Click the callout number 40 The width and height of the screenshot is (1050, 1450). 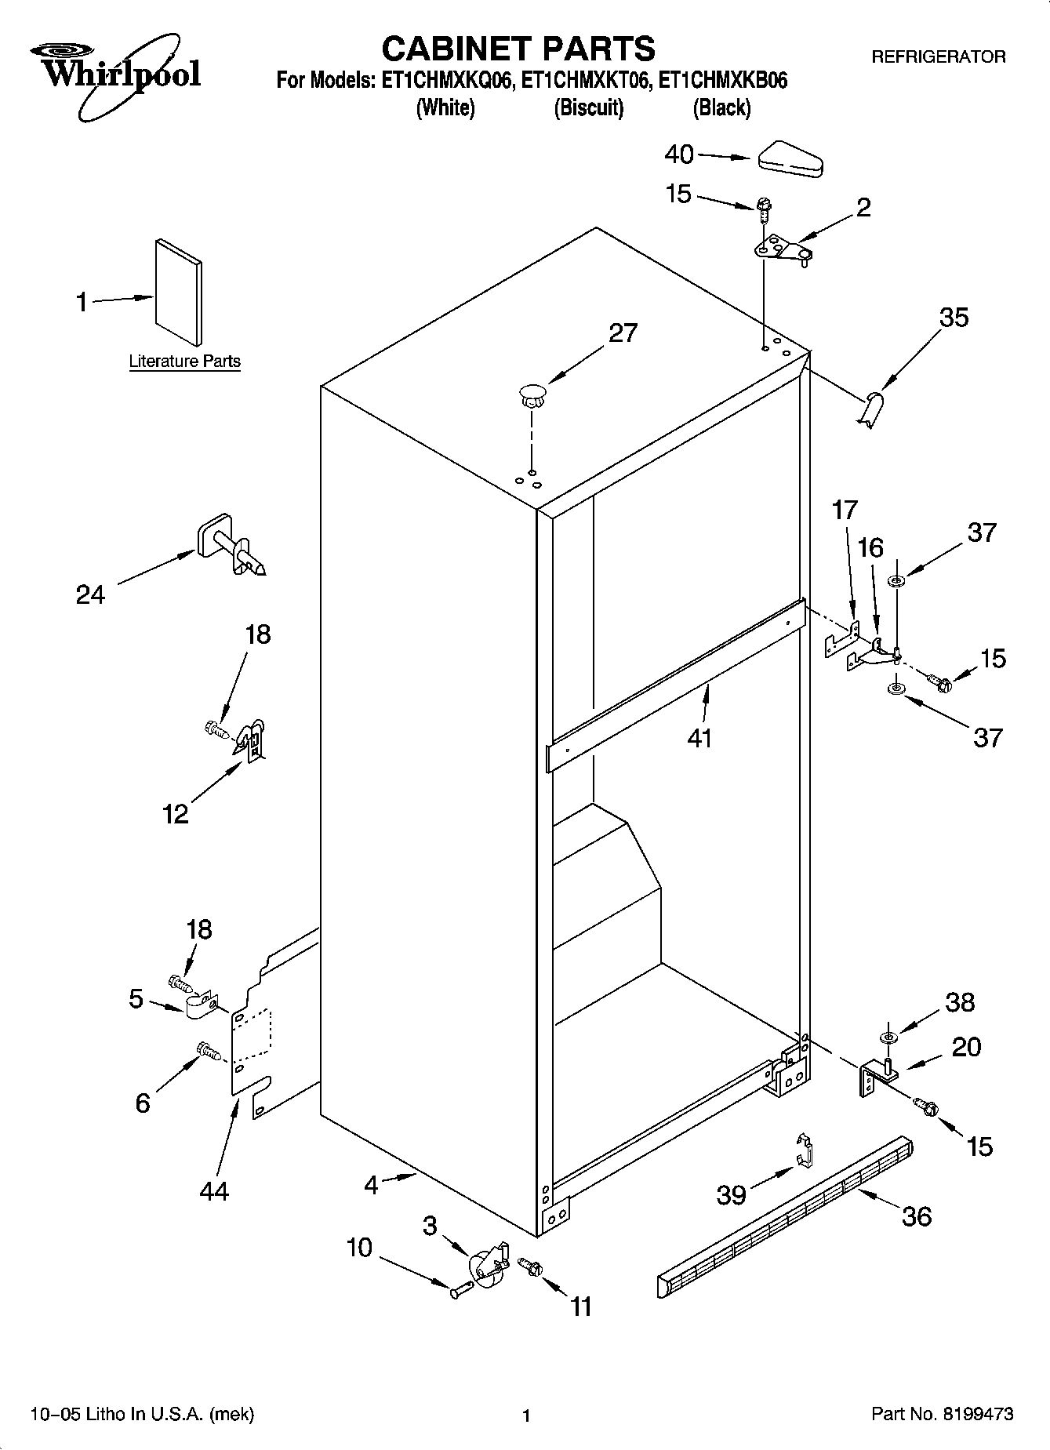click(679, 154)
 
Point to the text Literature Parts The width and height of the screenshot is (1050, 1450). click(184, 362)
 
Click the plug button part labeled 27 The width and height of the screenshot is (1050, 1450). click(532, 393)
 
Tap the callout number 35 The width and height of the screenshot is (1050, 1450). click(954, 318)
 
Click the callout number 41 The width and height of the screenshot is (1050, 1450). click(699, 737)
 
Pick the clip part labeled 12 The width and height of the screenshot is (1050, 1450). click(252, 741)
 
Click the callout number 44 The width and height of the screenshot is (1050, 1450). click(213, 1191)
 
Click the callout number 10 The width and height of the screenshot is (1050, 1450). click(359, 1247)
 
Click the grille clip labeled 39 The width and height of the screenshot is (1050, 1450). click(803, 1150)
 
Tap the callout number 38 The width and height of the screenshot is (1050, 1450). click(960, 1001)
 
